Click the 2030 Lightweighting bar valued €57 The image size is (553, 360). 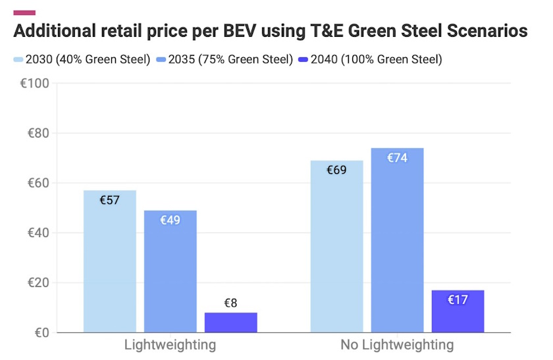109,263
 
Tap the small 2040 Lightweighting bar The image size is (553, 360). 230,322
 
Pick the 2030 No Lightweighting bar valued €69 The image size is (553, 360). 336,247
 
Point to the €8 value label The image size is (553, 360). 230,303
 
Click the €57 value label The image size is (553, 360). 109,200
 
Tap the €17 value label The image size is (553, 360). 458,300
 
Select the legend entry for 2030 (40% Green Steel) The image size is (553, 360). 82,60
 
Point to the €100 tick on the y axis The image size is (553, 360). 35,84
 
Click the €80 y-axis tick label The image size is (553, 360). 38,133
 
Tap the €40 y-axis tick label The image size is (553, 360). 38,233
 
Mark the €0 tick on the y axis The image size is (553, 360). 41,333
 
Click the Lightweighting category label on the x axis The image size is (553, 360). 170,345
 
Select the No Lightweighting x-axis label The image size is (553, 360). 397,345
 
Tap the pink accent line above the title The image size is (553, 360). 24,13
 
